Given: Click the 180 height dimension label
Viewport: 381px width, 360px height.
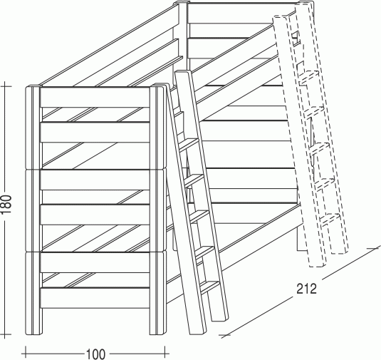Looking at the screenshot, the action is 6,205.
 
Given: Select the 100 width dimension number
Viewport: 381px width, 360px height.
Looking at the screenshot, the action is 95,354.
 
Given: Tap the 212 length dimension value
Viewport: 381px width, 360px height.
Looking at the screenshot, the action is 307,289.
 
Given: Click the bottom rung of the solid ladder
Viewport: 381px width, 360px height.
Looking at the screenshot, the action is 210,287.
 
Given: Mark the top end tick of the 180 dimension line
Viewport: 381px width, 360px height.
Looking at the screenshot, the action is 6,86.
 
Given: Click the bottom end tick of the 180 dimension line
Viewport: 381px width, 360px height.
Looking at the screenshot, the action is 6,334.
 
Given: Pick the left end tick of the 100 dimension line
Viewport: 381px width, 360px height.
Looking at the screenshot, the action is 25,351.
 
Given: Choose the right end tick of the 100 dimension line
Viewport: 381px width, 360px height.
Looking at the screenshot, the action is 165,351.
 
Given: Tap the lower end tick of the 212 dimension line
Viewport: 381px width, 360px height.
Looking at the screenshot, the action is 226,336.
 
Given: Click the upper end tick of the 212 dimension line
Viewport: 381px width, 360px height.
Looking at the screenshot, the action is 374,248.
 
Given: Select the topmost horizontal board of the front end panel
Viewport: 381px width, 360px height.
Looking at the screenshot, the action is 95,97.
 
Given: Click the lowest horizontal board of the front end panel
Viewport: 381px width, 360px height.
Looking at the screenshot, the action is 95,298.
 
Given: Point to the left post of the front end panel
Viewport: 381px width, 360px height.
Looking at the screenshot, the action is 33,210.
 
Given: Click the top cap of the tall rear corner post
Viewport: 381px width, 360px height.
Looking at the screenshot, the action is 181,3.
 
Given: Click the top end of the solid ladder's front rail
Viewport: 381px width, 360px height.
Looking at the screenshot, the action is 183,73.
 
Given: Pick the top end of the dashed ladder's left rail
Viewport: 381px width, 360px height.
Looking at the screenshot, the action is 281,18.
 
